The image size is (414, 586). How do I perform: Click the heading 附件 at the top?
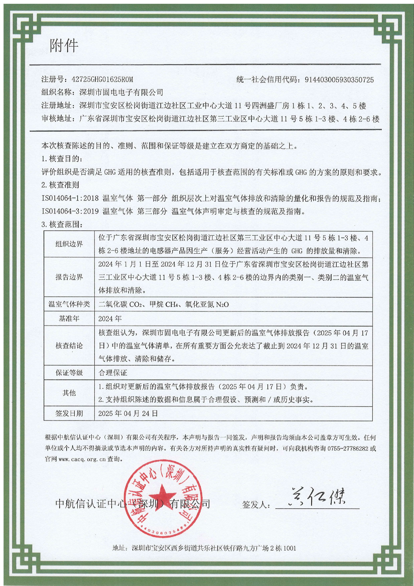click(x=64, y=46)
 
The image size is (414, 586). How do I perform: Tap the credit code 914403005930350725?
click(x=339, y=80)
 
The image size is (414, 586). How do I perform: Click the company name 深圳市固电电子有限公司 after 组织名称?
click(x=121, y=93)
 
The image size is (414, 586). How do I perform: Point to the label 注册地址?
click(x=57, y=106)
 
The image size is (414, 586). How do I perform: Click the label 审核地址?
click(x=57, y=119)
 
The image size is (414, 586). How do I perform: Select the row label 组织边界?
click(x=69, y=244)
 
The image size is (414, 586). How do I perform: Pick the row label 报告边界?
click(x=69, y=277)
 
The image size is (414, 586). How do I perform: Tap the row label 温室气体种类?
click(x=69, y=304)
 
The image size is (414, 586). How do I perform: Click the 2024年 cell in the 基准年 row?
click(x=110, y=319)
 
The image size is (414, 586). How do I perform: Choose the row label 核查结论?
click(x=69, y=346)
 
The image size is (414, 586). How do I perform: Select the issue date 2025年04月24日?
click(x=128, y=414)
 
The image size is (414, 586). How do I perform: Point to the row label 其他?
click(x=69, y=393)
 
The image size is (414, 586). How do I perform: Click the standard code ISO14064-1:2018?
click(x=70, y=198)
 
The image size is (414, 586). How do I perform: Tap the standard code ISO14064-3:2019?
click(x=70, y=211)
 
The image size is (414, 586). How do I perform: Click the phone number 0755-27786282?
click(x=347, y=449)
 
